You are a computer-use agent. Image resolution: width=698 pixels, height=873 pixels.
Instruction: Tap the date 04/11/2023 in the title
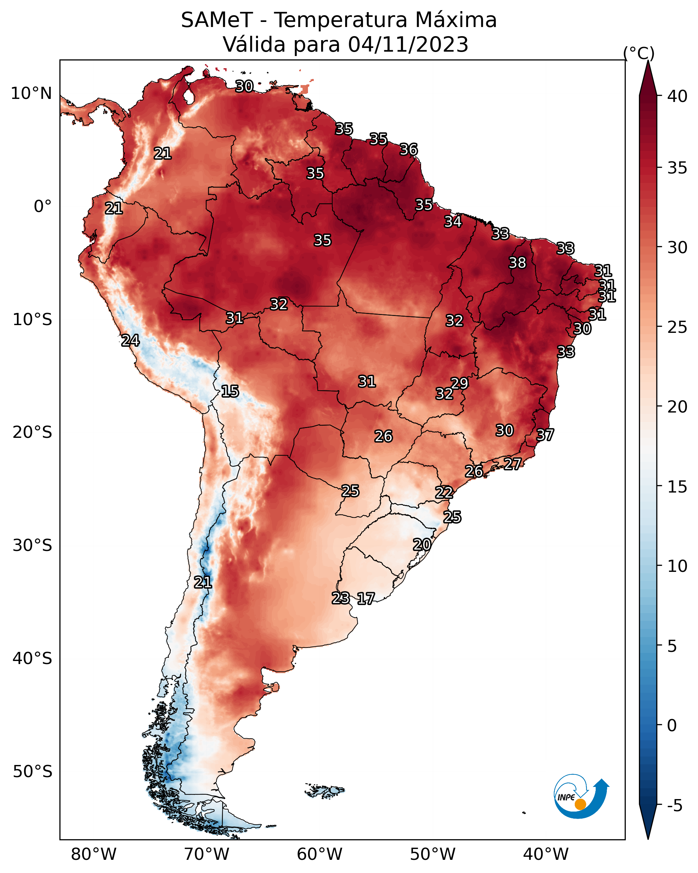(408, 45)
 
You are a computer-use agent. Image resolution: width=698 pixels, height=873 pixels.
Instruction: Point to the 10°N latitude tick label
(31, 94)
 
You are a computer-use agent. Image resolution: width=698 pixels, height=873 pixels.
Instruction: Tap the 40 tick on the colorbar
(677, 96)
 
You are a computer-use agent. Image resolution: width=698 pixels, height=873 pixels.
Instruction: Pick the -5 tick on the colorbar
(675, 805)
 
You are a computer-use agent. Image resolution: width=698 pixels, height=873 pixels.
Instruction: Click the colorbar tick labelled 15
(677, 487)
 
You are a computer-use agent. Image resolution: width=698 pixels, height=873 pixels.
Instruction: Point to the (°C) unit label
(639, 53)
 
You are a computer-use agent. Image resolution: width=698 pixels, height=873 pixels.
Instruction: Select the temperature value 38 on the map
(517, 263)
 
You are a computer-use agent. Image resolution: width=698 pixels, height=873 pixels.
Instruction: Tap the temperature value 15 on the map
(230, 391)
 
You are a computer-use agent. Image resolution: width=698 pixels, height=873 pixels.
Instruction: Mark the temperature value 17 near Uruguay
(366, 599)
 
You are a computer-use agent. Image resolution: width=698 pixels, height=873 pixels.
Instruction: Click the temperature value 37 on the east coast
(545, 435)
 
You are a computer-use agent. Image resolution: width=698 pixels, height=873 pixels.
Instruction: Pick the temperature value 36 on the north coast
(408, 150)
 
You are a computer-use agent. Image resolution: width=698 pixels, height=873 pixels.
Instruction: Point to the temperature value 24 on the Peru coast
(130, 341)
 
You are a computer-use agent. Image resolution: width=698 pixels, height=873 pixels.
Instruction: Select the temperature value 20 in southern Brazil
(422, 545)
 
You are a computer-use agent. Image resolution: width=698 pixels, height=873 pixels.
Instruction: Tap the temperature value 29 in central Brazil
(459, 383)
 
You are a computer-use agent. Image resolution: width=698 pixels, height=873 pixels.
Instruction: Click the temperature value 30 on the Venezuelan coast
(244, 86)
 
